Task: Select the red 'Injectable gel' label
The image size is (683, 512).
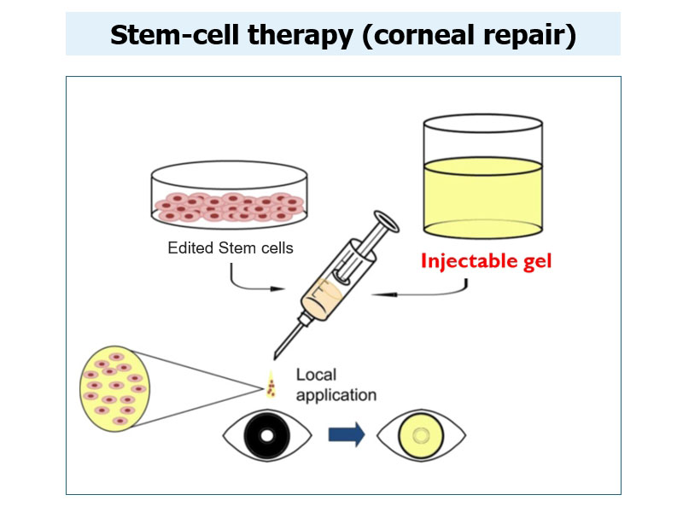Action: coord(486,261)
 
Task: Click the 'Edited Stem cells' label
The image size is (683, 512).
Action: coord(231,247)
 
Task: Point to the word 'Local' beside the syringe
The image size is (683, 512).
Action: coord(316,375)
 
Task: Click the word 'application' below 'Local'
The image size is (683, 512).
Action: coord(336,395)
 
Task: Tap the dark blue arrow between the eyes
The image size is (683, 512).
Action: coord(347,434)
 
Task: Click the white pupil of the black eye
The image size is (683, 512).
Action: coord(267,435)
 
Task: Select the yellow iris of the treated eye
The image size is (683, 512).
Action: coord(421,435)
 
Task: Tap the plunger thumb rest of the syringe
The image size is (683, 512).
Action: coord(387,222)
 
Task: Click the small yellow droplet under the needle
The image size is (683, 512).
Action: coord(271,385)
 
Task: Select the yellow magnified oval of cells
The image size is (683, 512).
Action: coord(114,388)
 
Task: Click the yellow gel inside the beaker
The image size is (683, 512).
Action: coord(483,198)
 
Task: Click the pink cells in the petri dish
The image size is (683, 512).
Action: coord(230,207)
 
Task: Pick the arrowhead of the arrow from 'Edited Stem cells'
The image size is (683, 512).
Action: coord(277,288)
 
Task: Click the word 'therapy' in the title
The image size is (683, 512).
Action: coord(301,36)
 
